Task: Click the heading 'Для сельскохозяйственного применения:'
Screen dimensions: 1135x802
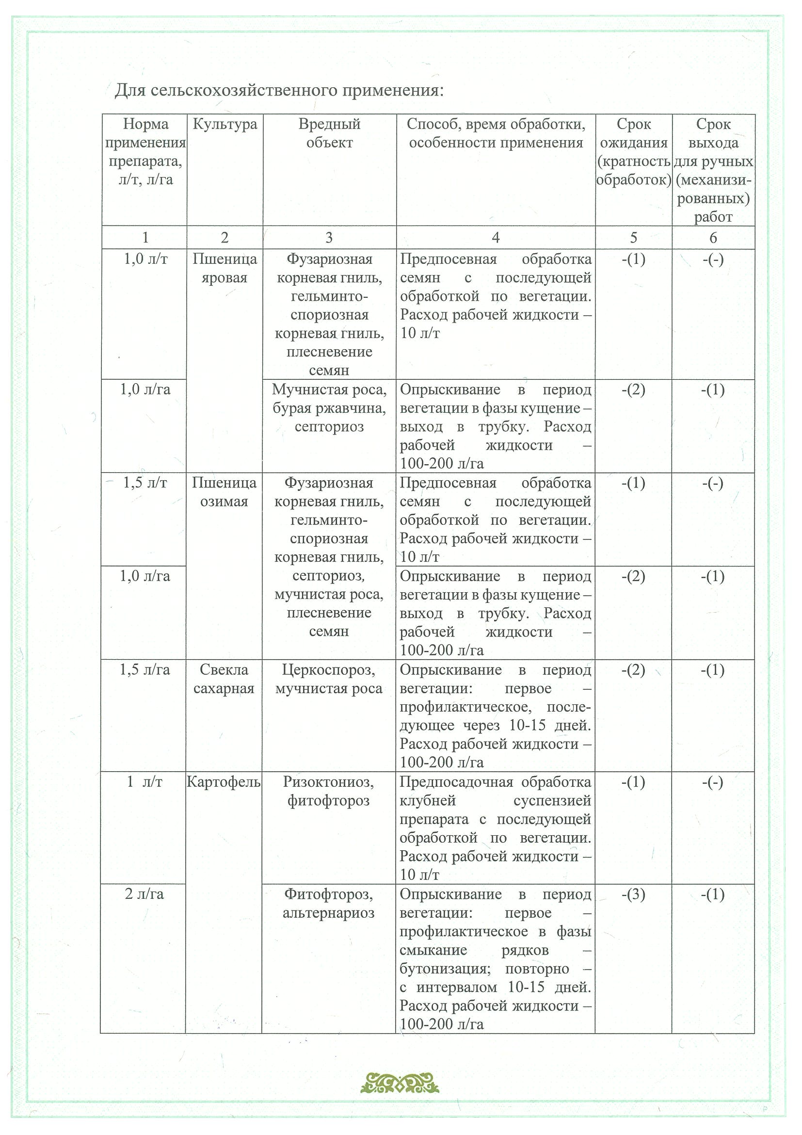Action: click(x=279, y=91)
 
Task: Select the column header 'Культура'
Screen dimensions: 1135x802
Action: click(x=225, y=124)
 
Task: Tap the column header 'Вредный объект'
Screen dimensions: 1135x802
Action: click(x=329, y=133)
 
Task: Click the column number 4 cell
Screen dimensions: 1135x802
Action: click(x=496, y=238)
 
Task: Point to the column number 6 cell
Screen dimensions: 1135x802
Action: click(x=713, y=238)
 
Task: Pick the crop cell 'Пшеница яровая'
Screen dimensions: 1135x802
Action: click(x=225, y=268)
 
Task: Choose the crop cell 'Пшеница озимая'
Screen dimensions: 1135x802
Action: click(x=225, y=492)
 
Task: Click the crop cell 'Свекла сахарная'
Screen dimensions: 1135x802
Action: click(x=224, y=679)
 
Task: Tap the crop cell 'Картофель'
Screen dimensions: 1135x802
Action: click(x=224, y=781)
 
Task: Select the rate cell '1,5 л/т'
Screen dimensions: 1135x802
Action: click(x=145, y=483)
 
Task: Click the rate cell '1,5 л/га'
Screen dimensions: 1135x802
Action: click(x=145, y=669)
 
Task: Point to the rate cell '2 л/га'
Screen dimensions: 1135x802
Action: click(x=144, y=894)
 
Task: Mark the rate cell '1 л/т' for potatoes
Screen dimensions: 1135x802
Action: click(x=144, y=781)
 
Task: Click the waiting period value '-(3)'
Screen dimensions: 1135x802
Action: click(x=633, y=894)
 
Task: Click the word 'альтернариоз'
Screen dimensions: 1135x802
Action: click(x=329, y=912)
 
